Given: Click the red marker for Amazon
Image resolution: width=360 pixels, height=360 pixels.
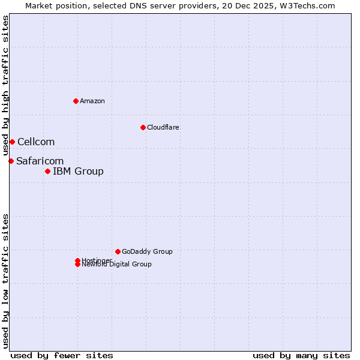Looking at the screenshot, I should coord(76,101).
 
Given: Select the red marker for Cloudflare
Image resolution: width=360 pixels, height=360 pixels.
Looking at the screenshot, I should coord(143,127).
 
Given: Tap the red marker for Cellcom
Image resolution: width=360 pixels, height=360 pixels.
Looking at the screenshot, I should coord(12,142).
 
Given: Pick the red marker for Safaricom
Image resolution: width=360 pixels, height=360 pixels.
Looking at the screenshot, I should coord(11,161).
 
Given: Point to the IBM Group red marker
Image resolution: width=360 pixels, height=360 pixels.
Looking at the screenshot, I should coord(47,172).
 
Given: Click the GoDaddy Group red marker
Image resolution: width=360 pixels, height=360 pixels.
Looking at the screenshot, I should coord(118,251).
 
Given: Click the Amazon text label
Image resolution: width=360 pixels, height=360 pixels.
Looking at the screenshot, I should coord(92,101).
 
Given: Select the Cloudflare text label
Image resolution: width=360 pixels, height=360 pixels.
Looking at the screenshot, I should coord(163,127).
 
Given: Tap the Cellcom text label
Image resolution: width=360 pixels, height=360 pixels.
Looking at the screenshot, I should coord(36,142).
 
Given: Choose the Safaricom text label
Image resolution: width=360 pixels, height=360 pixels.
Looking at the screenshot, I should coord(40,161).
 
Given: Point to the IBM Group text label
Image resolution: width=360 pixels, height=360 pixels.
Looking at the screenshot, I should coord(78,172).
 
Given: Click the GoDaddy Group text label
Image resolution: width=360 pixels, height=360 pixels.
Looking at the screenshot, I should coord(147,251).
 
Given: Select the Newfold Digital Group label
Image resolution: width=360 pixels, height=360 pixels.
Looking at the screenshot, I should coord(117,265).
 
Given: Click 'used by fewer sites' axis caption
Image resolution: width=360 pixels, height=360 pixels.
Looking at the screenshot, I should coord(62,355).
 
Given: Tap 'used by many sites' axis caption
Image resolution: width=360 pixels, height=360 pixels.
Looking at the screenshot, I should coord(301,355).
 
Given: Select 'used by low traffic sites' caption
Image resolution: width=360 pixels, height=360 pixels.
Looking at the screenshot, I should coord(5,281).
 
